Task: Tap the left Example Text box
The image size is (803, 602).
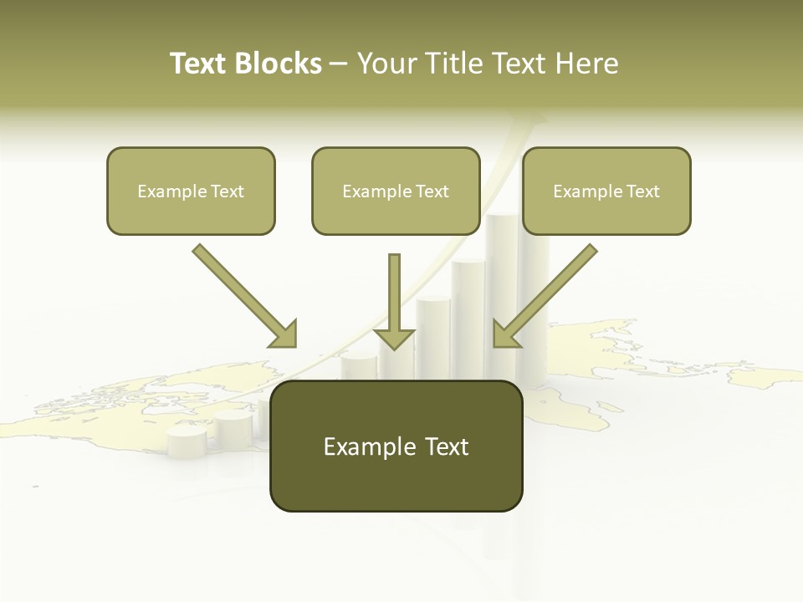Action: [191, 191]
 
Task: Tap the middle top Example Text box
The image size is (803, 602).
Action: [396, 191]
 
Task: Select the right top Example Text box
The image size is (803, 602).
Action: [606, 191]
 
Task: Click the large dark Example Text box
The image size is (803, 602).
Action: [396, 446]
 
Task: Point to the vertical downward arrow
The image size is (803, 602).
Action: [394, 301]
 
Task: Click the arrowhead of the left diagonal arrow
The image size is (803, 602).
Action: [284, 334]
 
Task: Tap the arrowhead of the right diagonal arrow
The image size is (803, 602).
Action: [504, 334]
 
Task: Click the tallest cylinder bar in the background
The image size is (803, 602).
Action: [502, 276]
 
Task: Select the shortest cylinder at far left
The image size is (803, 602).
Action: [187, 441]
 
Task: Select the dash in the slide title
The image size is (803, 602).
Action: [339, 64]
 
